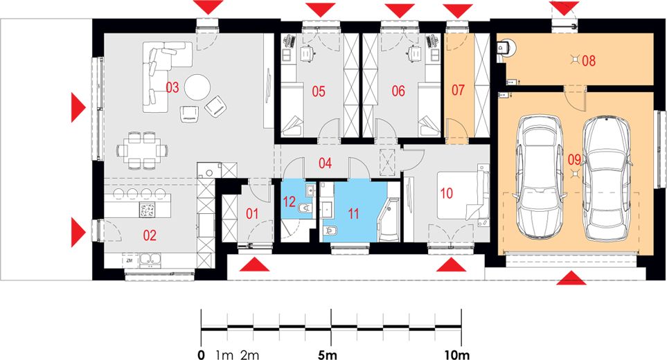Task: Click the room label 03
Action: pyautogui.click(x=172, y=87)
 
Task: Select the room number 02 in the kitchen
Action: pyautogui.click(x=150, y=235)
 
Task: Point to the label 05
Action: pyautogui.click(x=318, y=90)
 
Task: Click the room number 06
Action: pyautogui.click(x=398, y=90)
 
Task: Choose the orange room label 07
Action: pyautogui.click(x=459, y=90)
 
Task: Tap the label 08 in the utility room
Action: pyautogui.click(x=589, y=60)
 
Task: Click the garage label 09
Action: pyautogui.click(x=574, y=159)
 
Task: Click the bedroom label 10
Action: pyautogui.click(x=447, y=194)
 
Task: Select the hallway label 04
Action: pyautogui.click(x=326, y=164)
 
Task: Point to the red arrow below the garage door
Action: pyautogui.click(x=571, y=278)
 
